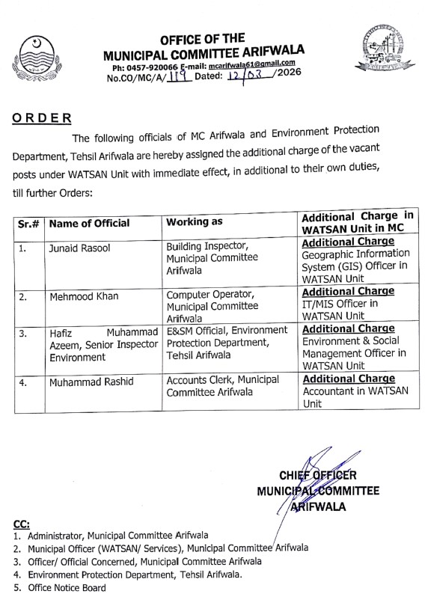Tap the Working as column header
pyautogui.click(x=196, y=223)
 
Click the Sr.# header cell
pyautogui.click(x=30, y=223)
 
